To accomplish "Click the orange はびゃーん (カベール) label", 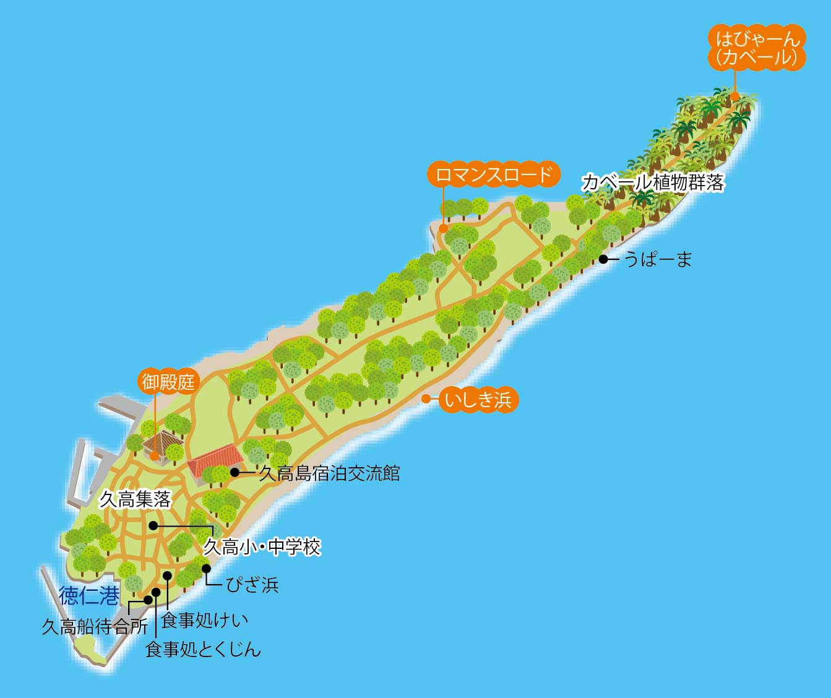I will pyautogui.click(x=757, y=48).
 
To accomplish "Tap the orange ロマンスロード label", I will pyautogui.click(x=493, y=174).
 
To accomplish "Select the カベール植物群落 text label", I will pyautogui.click(x=653, y=183).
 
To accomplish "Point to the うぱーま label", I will pyautogui.click(x=658, y=259).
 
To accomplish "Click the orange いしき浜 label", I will pyautogui.click(x=478, y=400).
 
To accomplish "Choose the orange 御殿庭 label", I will pyautogui.click(x=168, y=381).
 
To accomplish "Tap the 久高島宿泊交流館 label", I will pyautogui.click(x=329, y=473).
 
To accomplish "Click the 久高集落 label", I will pyautogui.click(x=135, y=499).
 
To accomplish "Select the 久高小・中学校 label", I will pyautogui.click(x=262, y=547).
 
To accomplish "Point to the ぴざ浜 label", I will pyautogui.click(x=252, y=584).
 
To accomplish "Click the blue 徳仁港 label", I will pyautogui.click(x=89, y=596).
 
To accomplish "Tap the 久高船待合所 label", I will pyautogui.click(x=95, y=627).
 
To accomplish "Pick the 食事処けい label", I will pyautogui.click(x=204, y=619).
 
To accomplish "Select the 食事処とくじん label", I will pyautogui.click(x=203, y=649).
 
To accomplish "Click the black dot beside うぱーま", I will pyautogui.click(x=603, y=259).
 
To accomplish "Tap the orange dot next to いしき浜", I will pyautogui.click(x=426, y=399).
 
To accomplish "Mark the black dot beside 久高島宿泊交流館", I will pyautogui.click(x=235, y=472).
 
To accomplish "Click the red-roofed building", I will pyautogui.click(x=215, y=462).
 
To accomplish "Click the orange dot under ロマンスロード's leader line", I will pyautogui.click(x=443, y=228).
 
